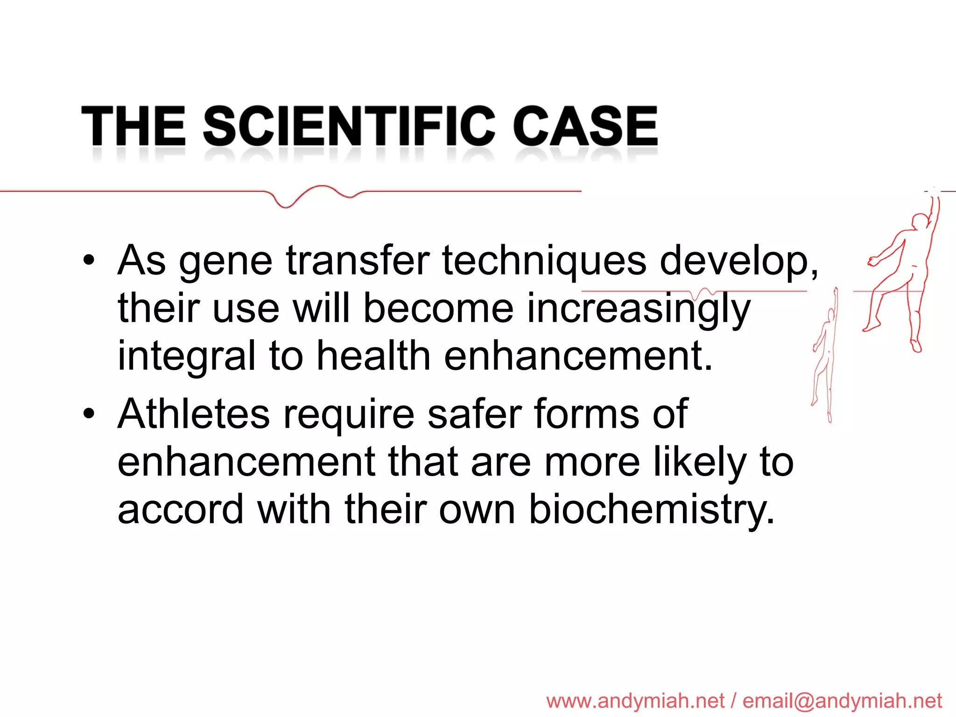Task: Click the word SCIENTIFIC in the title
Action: tap(349, 125)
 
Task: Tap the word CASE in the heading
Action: tap(585, 125)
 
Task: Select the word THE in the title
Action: tap(134, 125)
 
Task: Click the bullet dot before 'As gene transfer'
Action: tap(89, 260)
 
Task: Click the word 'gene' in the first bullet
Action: tap(225, 261)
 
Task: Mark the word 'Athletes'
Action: tap(194, 414)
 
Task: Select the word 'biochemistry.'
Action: tap(652, 510)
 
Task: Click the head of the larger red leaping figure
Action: tap(920, 220)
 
